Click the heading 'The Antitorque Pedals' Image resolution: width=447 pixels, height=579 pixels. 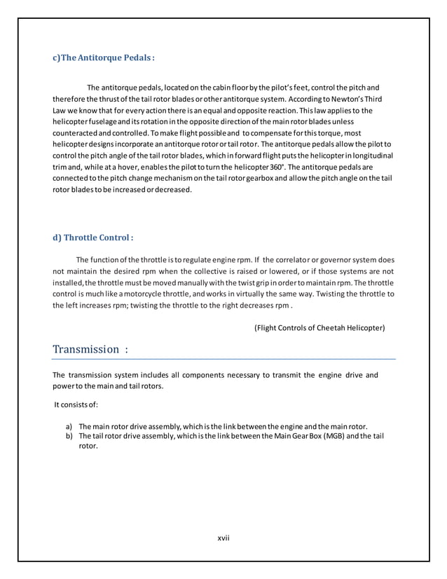click(104, 57)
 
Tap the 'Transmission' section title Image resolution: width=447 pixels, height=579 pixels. click(86, 349)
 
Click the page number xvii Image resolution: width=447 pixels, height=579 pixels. click(224, 538)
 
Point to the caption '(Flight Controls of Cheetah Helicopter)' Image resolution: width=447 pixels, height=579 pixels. click(319, 327)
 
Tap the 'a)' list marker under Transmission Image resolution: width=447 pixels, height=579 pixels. click(69, 426)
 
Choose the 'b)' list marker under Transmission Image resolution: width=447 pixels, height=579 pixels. click(69, 435)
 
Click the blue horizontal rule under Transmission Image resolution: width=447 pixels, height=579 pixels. click(224, 359)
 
